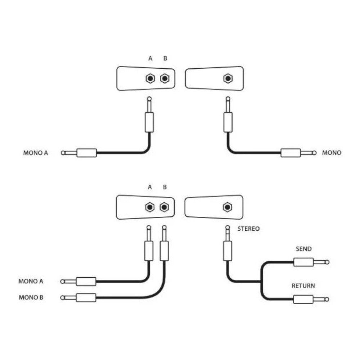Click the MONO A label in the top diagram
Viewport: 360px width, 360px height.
coord(35,153)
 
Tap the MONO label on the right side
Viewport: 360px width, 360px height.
coord(332,153)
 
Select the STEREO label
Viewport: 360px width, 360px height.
coord(248,229)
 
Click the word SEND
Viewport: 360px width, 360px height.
coord(303,249)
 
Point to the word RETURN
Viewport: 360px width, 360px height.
coord(303,286)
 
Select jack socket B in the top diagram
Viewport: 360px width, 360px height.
coord(165,78)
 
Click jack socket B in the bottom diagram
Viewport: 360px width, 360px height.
coord(164,207)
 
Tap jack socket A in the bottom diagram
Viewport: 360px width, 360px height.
coord(149,207)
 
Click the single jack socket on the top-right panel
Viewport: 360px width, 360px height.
coord(228,78)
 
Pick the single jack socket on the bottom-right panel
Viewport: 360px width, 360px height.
coord(227,207)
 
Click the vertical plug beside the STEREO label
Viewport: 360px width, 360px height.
coord(227,245)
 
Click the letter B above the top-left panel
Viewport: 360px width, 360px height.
coord(165,58)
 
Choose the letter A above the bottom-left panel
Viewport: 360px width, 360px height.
coord(150,187)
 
